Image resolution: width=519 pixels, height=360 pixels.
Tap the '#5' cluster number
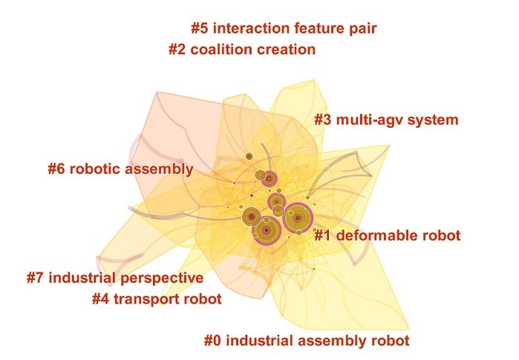point(200,29)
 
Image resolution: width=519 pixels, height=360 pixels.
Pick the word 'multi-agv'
point(372,120)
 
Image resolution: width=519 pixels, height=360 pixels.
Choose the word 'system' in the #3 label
point(436,120)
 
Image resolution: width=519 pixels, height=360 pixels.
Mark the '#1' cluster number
point(323,236)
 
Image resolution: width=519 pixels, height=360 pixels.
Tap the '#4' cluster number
point(101,299)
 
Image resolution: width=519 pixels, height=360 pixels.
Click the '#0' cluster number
point(213,341)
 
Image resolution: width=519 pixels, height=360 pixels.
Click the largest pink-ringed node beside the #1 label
point(297,218)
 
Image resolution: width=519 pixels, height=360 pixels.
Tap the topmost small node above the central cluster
point(249,156)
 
